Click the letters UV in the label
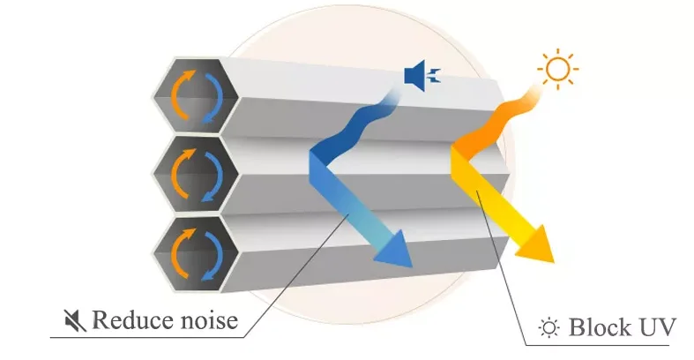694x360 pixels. [x=657, y=327]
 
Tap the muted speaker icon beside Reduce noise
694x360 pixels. [x=75, y=320]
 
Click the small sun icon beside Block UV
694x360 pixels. [x=549, y=327]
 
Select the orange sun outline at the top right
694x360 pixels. [x=557, y=69]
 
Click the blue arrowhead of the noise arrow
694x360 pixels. [x=395, y=251]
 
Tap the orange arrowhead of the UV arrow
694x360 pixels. [x=537, y=245]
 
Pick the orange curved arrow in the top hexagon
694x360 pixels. [x=182, y=94]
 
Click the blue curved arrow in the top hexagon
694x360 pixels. [x=212, y=98]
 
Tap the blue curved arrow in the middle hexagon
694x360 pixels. [x=212, y=176]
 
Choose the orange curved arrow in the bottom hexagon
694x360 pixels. [x=182, y=251]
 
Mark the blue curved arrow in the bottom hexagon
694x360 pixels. [x=212, y=256]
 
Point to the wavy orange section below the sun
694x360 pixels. [x=496, y=122]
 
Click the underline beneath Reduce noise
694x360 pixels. [x=147, y=338]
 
